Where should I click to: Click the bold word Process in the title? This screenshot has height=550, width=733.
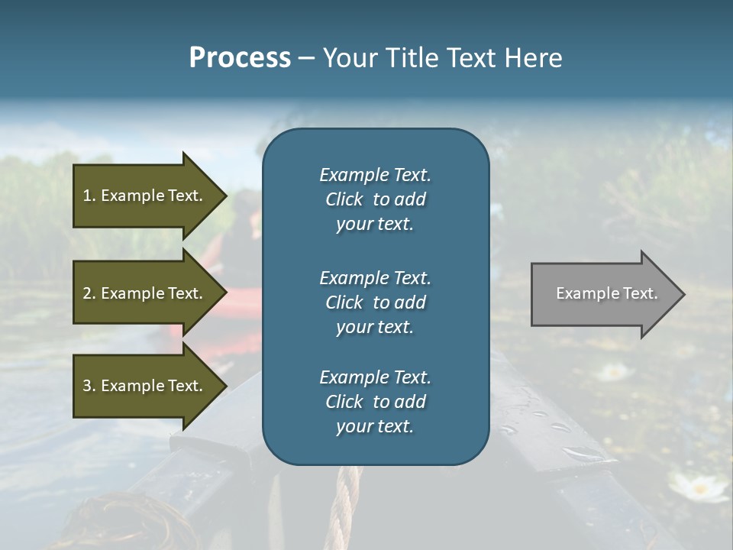point(240,58)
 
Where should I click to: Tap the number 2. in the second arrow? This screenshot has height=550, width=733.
point(89,293)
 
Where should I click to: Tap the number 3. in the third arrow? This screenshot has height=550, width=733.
point(89,386)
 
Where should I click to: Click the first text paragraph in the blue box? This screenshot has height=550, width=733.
point(375,199)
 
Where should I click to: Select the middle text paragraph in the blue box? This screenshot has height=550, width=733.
point(375,302)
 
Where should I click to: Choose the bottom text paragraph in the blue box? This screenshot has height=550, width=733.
point(375,402)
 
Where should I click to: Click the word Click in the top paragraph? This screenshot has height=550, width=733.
point(344,199)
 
